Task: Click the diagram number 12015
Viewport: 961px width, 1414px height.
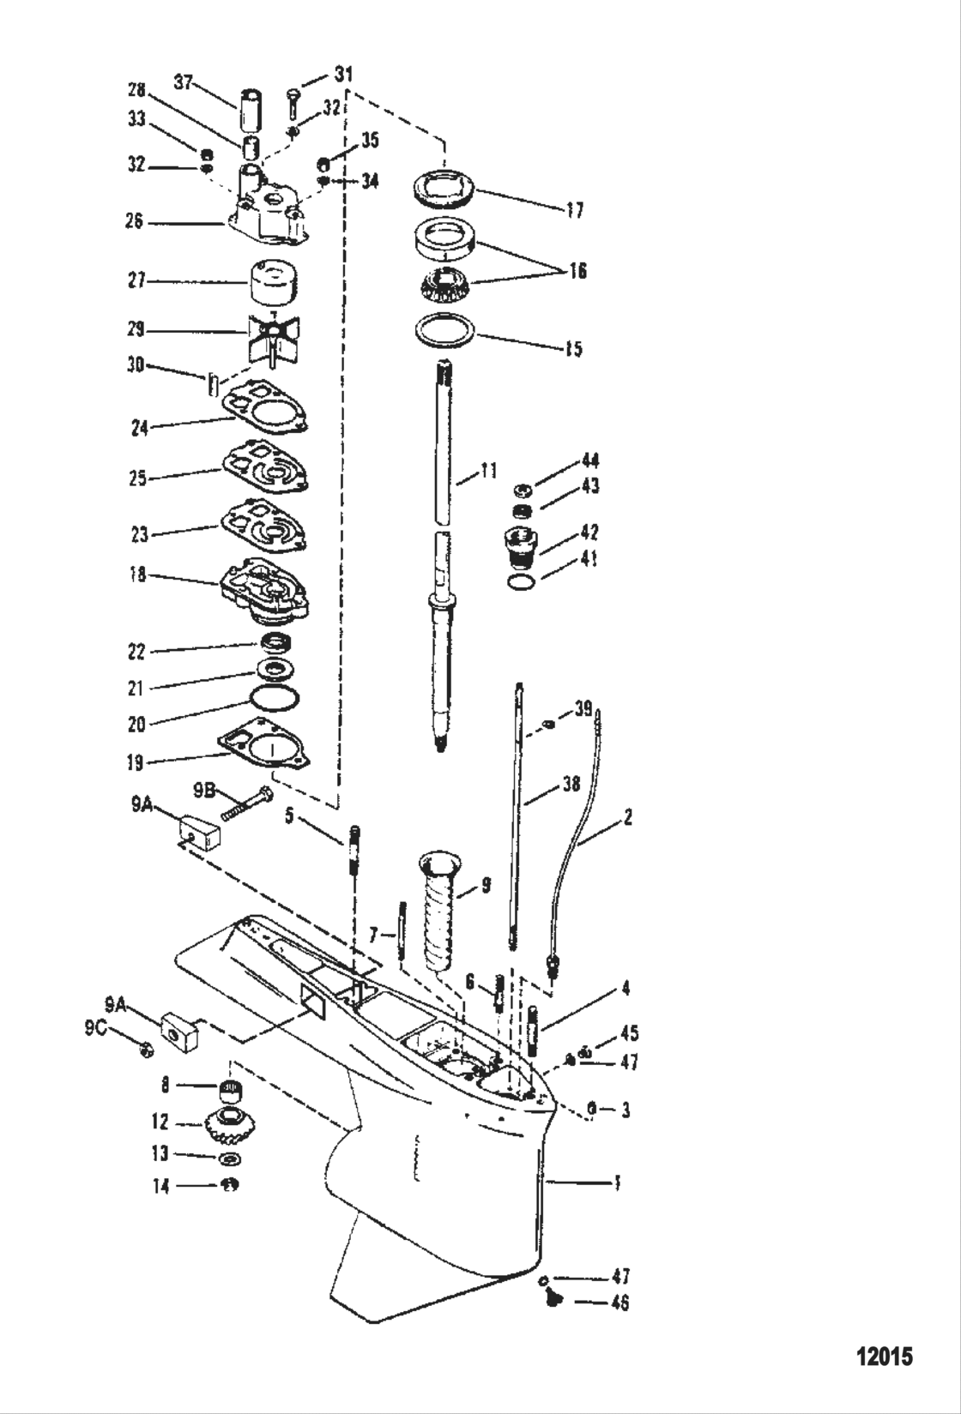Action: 885,1357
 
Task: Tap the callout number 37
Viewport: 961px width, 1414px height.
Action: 184,82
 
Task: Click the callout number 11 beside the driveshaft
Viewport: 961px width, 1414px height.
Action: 487,470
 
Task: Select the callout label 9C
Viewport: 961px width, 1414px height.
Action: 95,1029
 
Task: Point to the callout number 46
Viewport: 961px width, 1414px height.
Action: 620,1303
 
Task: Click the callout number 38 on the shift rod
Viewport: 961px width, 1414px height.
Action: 570,784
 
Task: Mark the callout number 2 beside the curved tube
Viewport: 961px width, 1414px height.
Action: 628,817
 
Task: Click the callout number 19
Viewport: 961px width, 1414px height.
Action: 135,761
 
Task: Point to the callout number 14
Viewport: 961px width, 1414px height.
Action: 160,1187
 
